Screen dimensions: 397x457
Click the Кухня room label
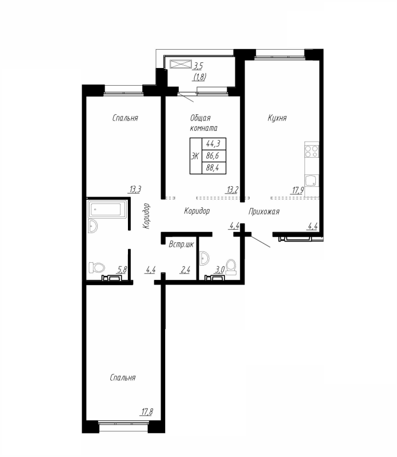pos(277,118)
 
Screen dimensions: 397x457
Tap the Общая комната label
pos(204,123)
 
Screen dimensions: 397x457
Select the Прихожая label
pos(264,211)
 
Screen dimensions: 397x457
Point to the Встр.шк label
pos(181,244)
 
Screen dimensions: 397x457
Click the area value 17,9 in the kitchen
pos(298,191)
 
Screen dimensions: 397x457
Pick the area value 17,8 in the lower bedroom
pos(147,412)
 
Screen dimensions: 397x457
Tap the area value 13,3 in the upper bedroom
pos(135,190)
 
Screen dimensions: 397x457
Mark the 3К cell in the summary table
pos(196,156)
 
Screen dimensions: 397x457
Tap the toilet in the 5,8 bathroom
pos(97,267)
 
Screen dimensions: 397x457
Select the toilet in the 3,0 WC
pos(231,267)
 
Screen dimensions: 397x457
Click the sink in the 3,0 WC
pos(204,258)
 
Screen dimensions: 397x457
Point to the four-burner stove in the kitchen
pos(311,151)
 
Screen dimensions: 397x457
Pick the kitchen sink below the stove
pos(311,181)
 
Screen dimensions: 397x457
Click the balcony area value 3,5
pos(198,66)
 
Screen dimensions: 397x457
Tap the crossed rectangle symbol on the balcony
pos(181,64)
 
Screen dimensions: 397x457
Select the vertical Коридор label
pos(146,216)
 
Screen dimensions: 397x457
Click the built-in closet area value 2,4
pos(186,270)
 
